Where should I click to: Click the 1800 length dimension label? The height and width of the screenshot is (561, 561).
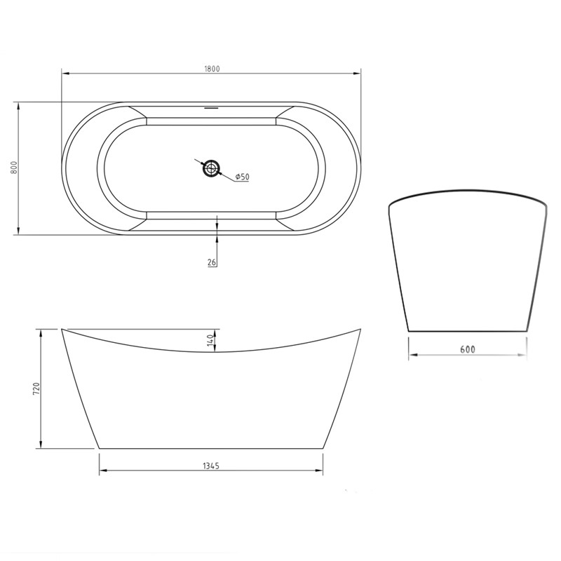pyautogui.click(x=212, y=69)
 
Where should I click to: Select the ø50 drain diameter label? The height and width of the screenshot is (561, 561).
pyautogui.click(x=241, y=177)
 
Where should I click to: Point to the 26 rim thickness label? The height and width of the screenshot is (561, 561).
pyautogui.click(x=212, y=262)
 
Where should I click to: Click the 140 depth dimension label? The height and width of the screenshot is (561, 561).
pyautogui.click(x=210, y=341)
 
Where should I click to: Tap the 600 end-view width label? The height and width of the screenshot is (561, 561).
pyautogui.click(x=468, y=349)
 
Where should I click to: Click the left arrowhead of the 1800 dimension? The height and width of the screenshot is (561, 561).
pyautogui.click(x=65, y=73)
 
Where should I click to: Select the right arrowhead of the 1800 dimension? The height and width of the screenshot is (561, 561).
pyautogui.click(x=358, y=73)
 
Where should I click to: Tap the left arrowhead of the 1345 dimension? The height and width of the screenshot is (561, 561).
pyautogui.click(x=102, y=471)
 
